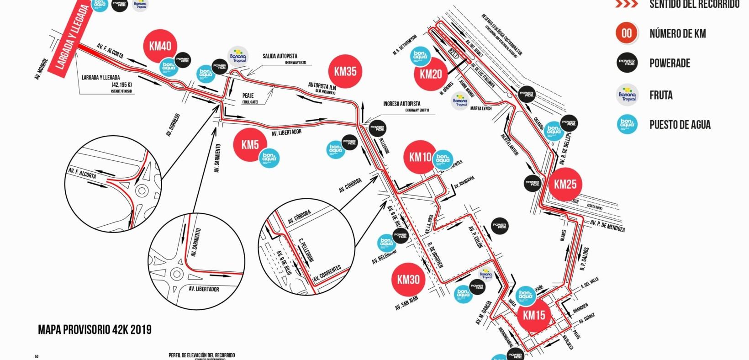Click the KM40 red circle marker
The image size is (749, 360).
point(160,46)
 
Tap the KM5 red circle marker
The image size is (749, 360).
point(250,145)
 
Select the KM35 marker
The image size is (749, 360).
point(345,71)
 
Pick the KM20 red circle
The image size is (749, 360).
point(430,74)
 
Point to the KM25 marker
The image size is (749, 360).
point(565,184)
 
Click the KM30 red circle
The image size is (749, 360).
point(408,280)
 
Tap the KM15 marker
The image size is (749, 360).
point(534,315)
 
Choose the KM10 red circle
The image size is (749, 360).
point(420,157)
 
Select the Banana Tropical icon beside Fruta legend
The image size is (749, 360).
point(627,95)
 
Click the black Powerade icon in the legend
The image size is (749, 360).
point(627,63)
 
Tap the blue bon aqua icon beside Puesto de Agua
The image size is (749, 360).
point(627,124)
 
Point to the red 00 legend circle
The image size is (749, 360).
point(627,33)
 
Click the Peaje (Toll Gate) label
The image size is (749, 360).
point(250,98)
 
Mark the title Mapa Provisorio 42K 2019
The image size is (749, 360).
point(95,330)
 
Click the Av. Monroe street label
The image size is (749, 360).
point(41,69)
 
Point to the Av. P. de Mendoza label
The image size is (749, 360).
point(607,226)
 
